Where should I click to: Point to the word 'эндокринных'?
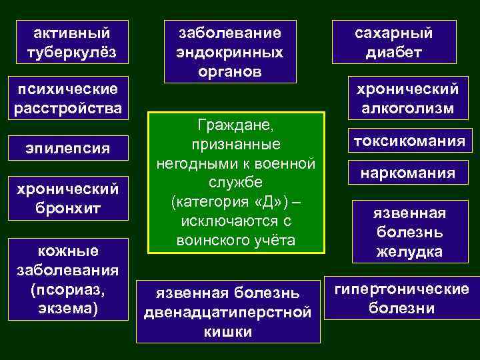229,51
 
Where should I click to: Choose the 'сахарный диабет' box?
403,42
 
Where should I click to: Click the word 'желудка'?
409,253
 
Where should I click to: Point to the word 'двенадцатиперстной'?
229,312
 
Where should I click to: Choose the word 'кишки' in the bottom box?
229,331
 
